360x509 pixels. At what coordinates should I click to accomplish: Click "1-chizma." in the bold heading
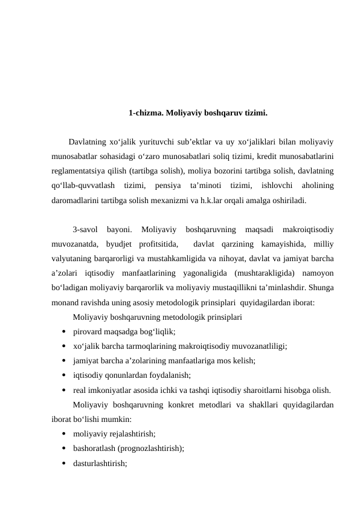145,112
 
